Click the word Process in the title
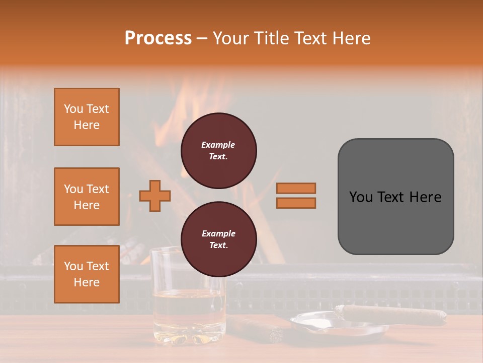[x=158, y=38]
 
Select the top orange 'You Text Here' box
[x=87, y=117]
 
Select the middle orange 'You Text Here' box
[x=87, y=197]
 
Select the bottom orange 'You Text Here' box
[x=87, y=274]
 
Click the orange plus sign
[x=155, y=196]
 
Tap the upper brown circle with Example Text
[x=218, y=151]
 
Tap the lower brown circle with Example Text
[x=218, y=239]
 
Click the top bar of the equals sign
[x=296, y=188]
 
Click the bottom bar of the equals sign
[x=296, y=203]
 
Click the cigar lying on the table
[x=257, y=328]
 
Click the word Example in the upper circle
[x=218, y=145]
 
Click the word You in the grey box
[x=360, y=197]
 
